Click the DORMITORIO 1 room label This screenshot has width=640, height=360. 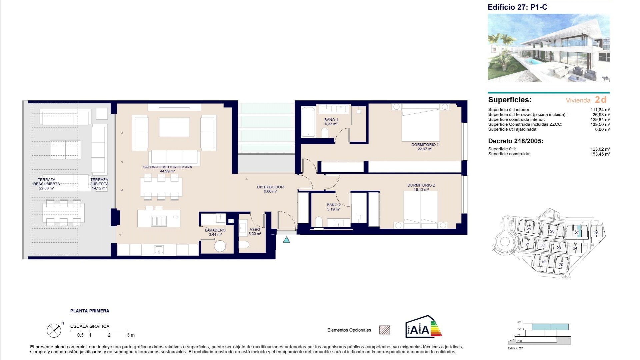point(425,145)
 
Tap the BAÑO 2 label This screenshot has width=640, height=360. point(333,205)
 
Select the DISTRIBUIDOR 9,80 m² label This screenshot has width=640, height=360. point(270,189)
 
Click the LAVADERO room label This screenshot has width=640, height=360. point(215,230)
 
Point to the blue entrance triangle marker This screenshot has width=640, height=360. point(286,240)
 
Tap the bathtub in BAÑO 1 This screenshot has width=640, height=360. point(308,121)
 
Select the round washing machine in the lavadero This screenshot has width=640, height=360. point(220,246)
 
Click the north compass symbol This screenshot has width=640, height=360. point(54,330)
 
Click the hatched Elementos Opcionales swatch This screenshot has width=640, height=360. point(384,330)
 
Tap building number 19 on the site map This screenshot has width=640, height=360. point(543,262)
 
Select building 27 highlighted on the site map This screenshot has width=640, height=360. point(577,233)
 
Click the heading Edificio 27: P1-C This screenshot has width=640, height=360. point(517,7)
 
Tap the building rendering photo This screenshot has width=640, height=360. point(548,48)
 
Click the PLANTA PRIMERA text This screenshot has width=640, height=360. point(90,311)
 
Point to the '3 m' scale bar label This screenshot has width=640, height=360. point(131,335)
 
